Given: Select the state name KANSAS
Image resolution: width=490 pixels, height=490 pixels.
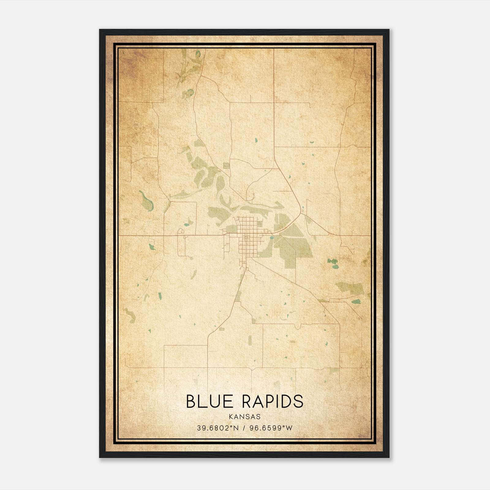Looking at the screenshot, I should pyautogui.click(x=245, y=417).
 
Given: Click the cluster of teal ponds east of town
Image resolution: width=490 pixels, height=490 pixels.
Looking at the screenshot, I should pyautogui.click(x=333, y=263).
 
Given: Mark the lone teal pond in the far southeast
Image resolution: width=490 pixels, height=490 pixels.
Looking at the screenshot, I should pyautogui.click(x=356, y=302).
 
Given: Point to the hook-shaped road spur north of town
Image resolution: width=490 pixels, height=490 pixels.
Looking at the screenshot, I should pyautogui.click(x=253, y=196).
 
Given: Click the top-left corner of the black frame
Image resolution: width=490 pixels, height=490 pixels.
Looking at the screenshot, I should pyautogui.click(x=100, y=30).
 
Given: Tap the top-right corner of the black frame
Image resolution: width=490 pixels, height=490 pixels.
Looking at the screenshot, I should pyautogui.click(x=389, y=30).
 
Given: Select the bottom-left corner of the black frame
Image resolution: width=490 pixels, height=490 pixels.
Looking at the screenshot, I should pyautogui.click(x=100, y=457).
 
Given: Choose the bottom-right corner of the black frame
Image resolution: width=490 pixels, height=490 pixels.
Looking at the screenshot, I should pyautogui.click(x=389, y=457).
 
